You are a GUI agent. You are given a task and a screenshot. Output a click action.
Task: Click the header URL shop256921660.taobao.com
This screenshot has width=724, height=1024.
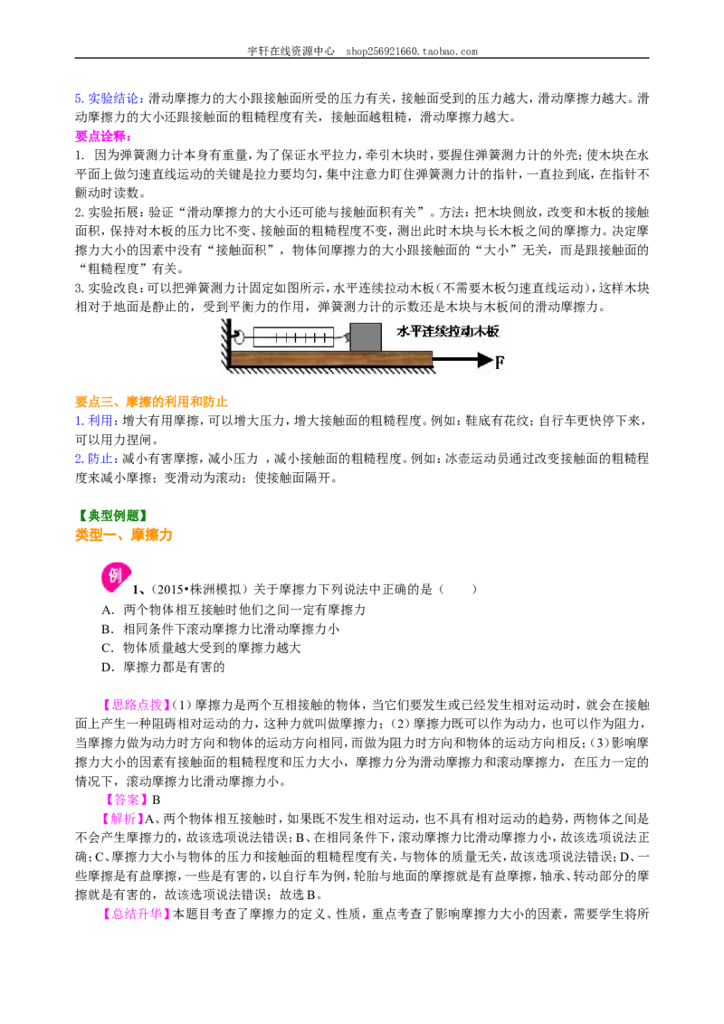pos(412,51)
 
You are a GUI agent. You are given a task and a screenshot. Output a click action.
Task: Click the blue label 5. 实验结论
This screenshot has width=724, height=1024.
pos(107,99)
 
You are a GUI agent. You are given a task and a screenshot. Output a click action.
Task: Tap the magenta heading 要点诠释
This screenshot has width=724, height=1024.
pos(102,137)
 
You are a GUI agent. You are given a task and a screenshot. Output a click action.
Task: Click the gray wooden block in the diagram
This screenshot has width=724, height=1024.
pos(366,337)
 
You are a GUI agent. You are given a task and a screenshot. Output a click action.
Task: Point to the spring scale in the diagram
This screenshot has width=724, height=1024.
pos(292,337)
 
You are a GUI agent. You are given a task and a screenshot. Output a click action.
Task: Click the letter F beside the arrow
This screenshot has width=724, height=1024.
pos(500,362)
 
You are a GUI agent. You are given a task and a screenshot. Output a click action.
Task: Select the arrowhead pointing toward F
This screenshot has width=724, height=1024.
pos(484,360)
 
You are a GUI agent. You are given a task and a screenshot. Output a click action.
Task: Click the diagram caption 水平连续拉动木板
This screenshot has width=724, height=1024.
pos(448,331)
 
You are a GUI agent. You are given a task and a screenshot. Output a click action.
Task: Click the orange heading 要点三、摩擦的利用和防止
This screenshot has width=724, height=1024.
pos(152,402)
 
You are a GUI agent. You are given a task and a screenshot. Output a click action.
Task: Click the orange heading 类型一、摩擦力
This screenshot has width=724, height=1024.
pos(123,535)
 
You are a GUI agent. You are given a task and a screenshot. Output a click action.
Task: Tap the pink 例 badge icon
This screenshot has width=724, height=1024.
pos(114,576)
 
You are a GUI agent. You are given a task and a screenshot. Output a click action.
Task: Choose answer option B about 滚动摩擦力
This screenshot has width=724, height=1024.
pos(220,629)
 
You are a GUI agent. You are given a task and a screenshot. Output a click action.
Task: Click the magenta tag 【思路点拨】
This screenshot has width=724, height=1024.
pos(136,705)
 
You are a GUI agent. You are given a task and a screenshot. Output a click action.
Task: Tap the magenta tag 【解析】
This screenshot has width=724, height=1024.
pos(122,819)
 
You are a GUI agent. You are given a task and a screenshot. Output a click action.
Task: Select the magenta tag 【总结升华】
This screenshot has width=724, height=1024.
pos(136,914)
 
